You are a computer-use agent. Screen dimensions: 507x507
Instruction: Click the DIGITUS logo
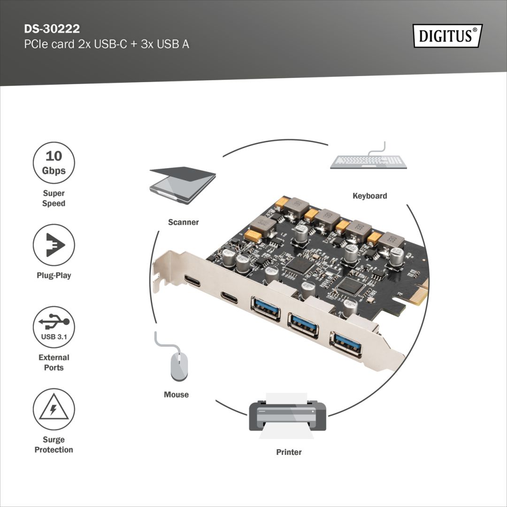click(447, 36)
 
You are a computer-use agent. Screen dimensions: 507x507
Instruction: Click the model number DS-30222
click(52, 29)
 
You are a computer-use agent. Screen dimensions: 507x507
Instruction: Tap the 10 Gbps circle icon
click(54, 163)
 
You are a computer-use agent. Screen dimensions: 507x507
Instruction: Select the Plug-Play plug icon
click(54, 245)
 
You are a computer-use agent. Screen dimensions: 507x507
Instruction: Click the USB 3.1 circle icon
click(54, 327)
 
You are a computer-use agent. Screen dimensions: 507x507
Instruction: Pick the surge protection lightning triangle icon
click(54, 409)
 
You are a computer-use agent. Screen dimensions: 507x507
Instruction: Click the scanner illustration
click(182, 185)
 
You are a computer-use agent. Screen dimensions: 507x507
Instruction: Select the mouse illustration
click(178, 363)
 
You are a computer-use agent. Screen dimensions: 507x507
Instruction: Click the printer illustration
click(287, 416)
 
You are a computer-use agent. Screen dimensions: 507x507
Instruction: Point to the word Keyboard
click(369, 196)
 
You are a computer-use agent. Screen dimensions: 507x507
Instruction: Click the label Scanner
click(183, 222)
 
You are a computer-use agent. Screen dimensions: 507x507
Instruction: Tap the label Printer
click(289, 452)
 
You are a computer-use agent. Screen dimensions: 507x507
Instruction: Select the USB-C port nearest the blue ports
click(229, 297)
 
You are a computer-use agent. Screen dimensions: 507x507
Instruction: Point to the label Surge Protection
click(54, 445)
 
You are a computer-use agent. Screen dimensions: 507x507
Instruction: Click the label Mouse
click(176, 395)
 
